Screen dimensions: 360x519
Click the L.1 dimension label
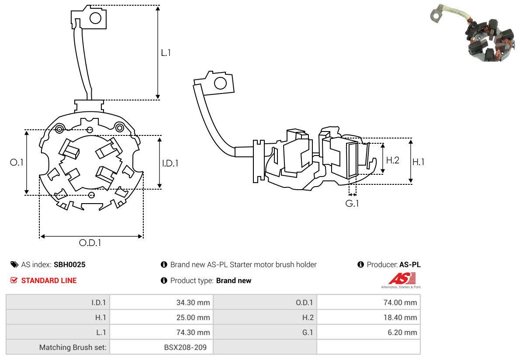pos(166,52)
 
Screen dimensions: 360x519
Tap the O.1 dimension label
pos(16,162)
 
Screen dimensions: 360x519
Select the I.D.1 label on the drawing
pos(170,163)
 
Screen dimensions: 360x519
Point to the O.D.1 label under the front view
pos(90,242)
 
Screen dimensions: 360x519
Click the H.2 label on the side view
pos(392,160)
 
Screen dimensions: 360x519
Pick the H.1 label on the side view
pos(418,162)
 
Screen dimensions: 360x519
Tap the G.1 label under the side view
pos(352,203)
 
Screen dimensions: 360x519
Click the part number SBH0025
pos(69,265)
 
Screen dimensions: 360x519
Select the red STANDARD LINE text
pos(49,280)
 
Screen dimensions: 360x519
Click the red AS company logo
pos(401,278)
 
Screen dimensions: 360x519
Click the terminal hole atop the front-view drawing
pos(95,18)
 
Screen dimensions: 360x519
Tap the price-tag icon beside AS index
pos(14,265)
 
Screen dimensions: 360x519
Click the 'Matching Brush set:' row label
pos(73,347)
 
